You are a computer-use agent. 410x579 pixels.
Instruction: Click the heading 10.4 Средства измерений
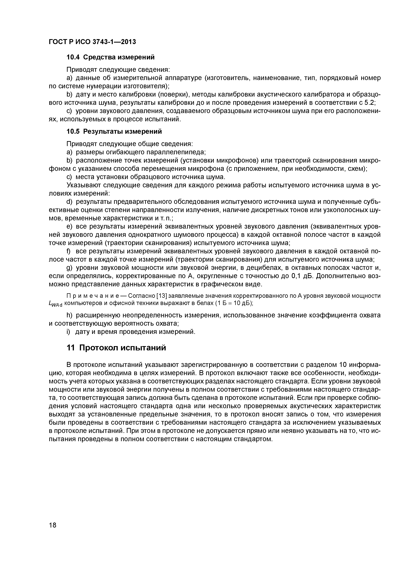click(110, 57)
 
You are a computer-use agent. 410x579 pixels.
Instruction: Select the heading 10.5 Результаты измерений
click(114, 132)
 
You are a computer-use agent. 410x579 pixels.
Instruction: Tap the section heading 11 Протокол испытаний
click(116, 348)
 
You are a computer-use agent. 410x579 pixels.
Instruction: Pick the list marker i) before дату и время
click(68, 332)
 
